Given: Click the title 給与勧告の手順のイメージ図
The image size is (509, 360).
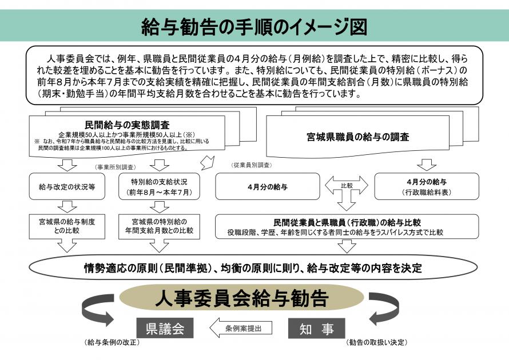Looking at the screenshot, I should tap(254, 26).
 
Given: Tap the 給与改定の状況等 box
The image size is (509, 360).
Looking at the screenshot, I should tap(67, 187).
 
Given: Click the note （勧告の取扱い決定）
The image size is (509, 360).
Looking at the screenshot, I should tap(376, 343).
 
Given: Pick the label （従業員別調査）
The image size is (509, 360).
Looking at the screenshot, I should tap(251, 165).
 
